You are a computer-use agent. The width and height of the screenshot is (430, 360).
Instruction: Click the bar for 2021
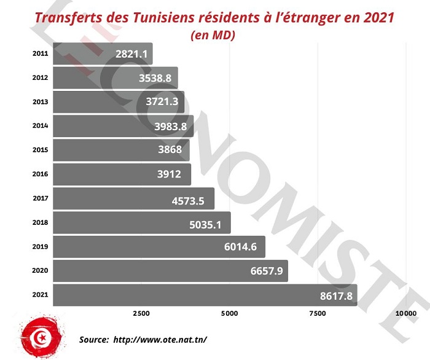pos(205,295)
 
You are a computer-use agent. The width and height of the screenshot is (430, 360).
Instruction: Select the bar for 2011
pos(103,53)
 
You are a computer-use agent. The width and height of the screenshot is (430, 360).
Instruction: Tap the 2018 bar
pos(142,222)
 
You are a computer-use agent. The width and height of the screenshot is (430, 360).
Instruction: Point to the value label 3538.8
pos(155,78)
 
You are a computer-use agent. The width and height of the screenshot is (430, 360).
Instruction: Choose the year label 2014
pos(40,126)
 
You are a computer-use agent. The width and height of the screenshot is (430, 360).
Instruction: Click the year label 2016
pos(40,174)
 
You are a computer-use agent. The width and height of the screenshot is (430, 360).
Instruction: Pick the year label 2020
pos(40,271)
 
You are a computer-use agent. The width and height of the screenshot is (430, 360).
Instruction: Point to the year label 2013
pos(40,101)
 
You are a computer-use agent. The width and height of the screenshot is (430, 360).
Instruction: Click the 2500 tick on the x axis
pos(141,314)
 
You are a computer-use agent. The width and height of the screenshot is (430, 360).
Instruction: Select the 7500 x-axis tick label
pos(317,314)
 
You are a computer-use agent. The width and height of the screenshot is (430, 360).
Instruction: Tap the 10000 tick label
pos(405,314)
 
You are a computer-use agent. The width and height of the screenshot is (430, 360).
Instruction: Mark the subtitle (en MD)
pos(213,35)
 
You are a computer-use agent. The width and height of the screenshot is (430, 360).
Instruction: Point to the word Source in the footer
pos(93,339)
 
